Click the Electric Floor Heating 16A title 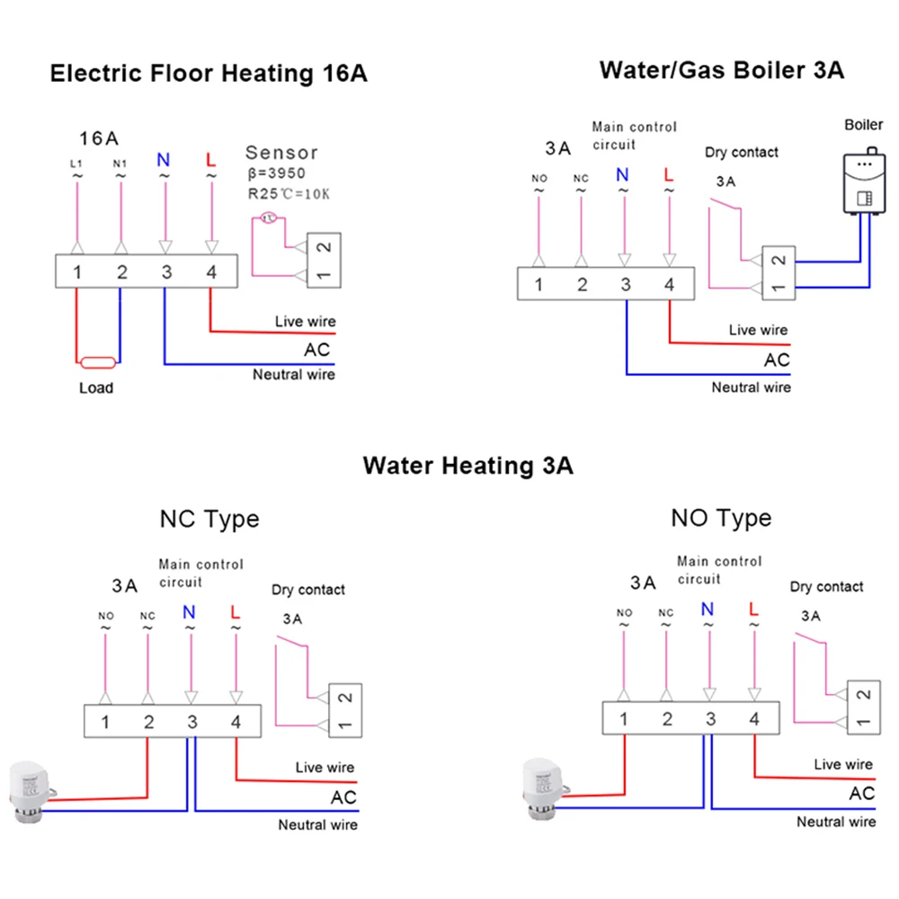tap(209, 74)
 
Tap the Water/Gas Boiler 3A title tap(722, 70)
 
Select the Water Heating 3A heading tap(467, 466)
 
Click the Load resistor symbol tap(96, 362)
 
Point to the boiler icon tap(862, 183)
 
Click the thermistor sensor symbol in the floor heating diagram tap(268, 218)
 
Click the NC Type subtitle tap(209, 519)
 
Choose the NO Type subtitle tap(721, 518)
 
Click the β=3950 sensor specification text tap(277, 174)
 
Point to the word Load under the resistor tap(96, 388)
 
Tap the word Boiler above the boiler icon tap(863, 125)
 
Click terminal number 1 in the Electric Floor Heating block tap(79, 272)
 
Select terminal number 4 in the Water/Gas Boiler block tap(668, 285)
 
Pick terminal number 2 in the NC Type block tap(148, 721)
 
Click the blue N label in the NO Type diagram tap(708, 610)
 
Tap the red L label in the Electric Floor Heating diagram tap(210, 160)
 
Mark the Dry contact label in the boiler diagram tap(742, 153)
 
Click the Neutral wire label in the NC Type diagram tap(317, 824)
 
